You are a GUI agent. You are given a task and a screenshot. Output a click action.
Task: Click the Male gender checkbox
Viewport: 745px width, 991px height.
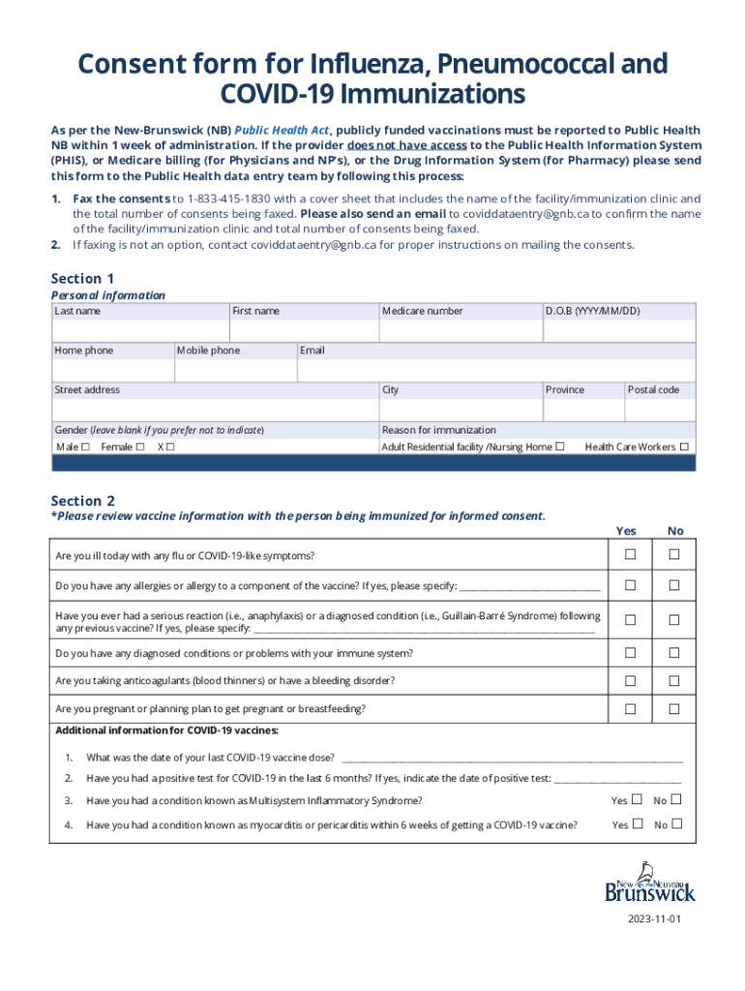[86, 447]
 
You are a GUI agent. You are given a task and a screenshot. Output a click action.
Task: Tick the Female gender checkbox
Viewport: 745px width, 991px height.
[140, 447]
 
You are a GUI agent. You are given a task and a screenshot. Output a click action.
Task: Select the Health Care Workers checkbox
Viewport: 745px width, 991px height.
[684, 447]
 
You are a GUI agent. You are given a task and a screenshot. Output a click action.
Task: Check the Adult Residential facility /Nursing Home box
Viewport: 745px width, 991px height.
[559, 447]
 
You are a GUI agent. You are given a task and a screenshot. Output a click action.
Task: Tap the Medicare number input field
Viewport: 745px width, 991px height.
[460, 330]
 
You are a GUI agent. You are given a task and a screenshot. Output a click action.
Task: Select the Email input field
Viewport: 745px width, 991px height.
[495, 370]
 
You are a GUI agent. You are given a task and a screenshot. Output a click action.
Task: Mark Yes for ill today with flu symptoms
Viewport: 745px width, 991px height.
[631, 555]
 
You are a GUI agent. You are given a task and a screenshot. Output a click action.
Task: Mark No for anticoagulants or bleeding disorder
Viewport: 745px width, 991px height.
[675, 680]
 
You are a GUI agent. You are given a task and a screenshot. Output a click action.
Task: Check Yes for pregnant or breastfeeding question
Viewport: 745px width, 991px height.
[631, 709]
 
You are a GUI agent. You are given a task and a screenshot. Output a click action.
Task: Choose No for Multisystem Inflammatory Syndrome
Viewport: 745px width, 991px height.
[676, 799]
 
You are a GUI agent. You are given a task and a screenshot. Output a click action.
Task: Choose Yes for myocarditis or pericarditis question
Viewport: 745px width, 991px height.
[637, 825]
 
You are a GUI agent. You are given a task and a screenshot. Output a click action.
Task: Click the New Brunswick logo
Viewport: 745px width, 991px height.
[649, 882]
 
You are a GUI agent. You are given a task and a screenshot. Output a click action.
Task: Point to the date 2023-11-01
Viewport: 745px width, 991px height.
[653, 918]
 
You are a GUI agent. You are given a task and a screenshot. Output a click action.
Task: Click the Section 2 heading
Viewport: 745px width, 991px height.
[83, 500]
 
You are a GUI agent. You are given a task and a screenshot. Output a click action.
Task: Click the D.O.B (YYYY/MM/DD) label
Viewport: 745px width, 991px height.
[592, 311]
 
